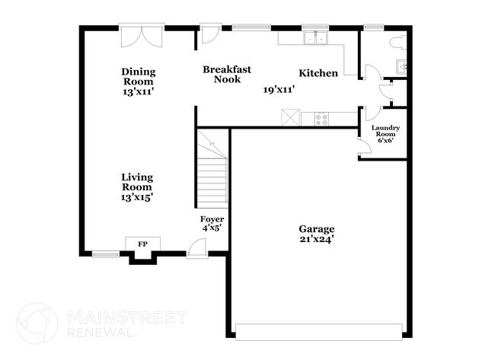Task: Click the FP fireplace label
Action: click(142, 244)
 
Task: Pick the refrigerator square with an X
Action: click(290, 118)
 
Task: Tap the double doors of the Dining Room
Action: click(142, 37)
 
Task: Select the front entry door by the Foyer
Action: click(196, 248)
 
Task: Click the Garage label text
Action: click(316, 229)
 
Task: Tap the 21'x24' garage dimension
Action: click(316, 239)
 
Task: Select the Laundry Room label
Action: click(385, 129)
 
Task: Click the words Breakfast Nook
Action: click(222, 74)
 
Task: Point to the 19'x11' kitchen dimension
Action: click(279, 90)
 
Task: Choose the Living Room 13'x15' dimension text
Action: click(137, 197)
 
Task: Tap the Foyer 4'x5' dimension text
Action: click(210, 227)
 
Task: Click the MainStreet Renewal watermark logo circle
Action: click(37, 323)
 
